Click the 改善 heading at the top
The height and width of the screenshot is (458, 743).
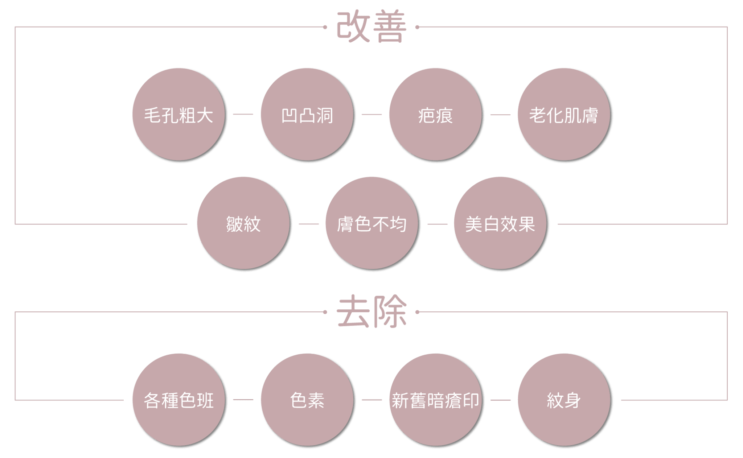371,27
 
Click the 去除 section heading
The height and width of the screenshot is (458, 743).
371,312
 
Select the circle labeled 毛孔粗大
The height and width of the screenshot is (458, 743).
178,115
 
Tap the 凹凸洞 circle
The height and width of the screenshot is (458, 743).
307,115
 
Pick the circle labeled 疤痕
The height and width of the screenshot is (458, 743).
435,115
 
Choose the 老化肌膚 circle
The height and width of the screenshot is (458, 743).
564,115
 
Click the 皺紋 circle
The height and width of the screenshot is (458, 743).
243,223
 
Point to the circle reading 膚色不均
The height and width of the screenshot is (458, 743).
371,223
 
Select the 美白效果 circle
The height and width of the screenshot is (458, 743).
500,223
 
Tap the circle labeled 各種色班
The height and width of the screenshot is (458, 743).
178,400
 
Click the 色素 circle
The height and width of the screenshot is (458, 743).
307,400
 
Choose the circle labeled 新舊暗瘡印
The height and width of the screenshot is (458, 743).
435,400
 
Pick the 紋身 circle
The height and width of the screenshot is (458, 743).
564,400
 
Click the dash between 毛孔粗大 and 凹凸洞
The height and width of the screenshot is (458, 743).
243,115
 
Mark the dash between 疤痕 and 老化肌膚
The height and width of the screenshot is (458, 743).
500,115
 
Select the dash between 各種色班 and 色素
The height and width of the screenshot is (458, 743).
243,400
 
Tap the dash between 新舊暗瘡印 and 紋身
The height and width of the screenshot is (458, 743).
500,400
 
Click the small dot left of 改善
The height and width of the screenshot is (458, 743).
325,27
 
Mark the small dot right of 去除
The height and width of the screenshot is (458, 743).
417,312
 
